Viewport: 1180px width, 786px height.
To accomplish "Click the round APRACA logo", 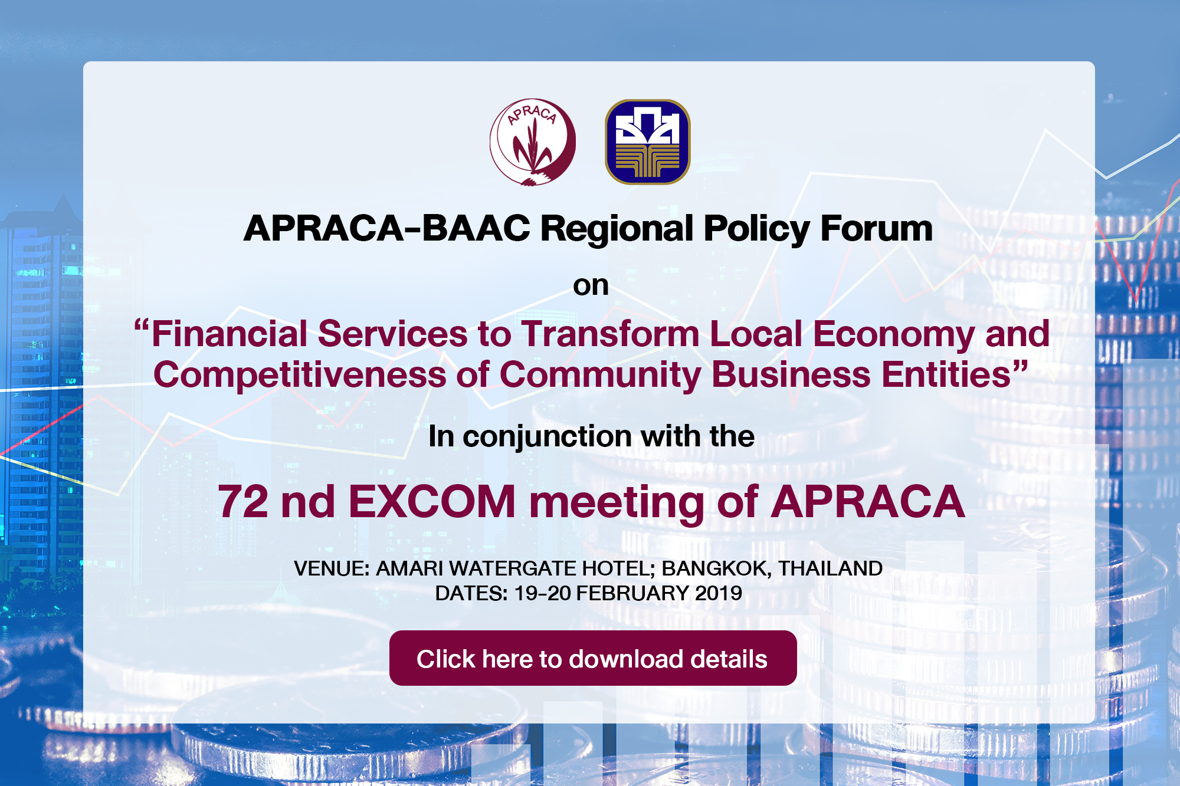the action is pos(533,142).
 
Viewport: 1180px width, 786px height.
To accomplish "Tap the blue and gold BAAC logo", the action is pos(648,142).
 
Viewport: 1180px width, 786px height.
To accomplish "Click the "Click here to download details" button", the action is pos(593,658).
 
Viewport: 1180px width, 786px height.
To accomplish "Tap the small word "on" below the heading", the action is pos(591,286).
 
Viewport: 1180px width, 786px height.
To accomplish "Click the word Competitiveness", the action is pos(300,376).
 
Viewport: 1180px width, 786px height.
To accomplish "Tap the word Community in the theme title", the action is pos(600,376).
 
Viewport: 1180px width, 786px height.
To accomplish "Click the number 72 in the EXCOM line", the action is pos(243,502).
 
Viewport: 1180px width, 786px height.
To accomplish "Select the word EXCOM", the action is pos(432,502).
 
